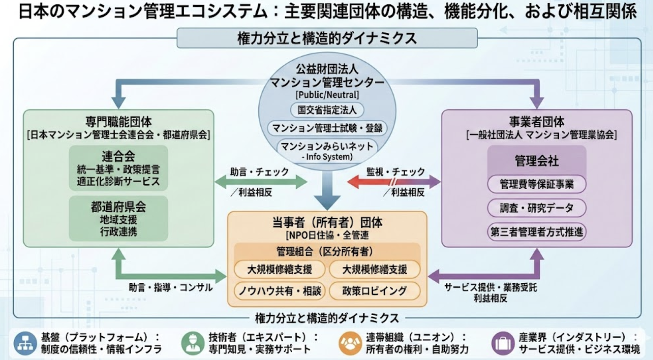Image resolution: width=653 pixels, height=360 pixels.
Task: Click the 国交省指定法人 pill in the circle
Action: tap(327, 110)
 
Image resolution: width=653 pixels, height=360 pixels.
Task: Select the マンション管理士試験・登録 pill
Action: tap(327, 128)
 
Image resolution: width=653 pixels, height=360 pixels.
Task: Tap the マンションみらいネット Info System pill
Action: tap(327, 151)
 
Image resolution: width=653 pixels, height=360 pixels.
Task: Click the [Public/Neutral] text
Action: tap(327, 95)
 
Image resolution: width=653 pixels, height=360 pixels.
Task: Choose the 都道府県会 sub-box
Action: tap(118, 218)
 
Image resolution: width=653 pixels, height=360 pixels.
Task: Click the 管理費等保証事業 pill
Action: tap(536, 184)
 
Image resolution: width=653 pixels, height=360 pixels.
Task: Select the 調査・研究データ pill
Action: tap(536, 208)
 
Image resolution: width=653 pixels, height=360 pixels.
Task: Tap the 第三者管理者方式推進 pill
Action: tap(536, 232)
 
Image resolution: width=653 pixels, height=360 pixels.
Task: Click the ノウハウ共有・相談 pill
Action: tap(279, 291)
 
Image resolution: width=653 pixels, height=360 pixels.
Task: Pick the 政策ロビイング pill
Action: tap(375, 291)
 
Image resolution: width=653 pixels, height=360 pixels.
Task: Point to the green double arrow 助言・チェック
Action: tap(261, 182)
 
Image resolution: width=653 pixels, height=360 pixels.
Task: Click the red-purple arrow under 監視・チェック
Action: tap(394, 182)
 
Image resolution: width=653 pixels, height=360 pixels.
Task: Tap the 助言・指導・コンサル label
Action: tap(171, 288)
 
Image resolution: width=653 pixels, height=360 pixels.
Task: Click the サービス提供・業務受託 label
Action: tap(490, 288)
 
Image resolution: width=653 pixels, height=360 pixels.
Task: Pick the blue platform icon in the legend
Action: tap(25, 343)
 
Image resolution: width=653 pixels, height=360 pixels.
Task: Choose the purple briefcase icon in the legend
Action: tap(503, 343)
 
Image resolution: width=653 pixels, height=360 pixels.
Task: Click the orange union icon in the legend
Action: tap(350, 343)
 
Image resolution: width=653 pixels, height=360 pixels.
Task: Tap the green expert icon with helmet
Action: tap(193, 343)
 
